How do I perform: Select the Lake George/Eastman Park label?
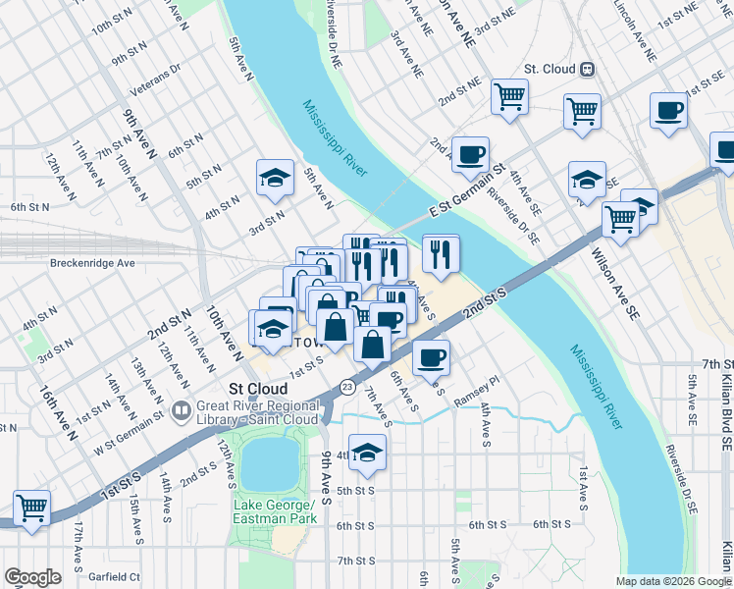tap(275, 511)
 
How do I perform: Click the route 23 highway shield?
tap(347, 388)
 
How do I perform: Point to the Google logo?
tap(32, 577)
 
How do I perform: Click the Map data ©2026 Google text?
tap(672, 581)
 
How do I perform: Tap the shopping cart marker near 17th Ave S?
tap(32, 509)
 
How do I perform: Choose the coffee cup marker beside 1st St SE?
tap(668, 111)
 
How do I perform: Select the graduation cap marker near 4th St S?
tap(367, 453)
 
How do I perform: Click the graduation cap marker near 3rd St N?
tap(275, 178)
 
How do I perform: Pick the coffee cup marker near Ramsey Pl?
tap(431, 358)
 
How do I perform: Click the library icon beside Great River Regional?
tap(181, 409)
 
